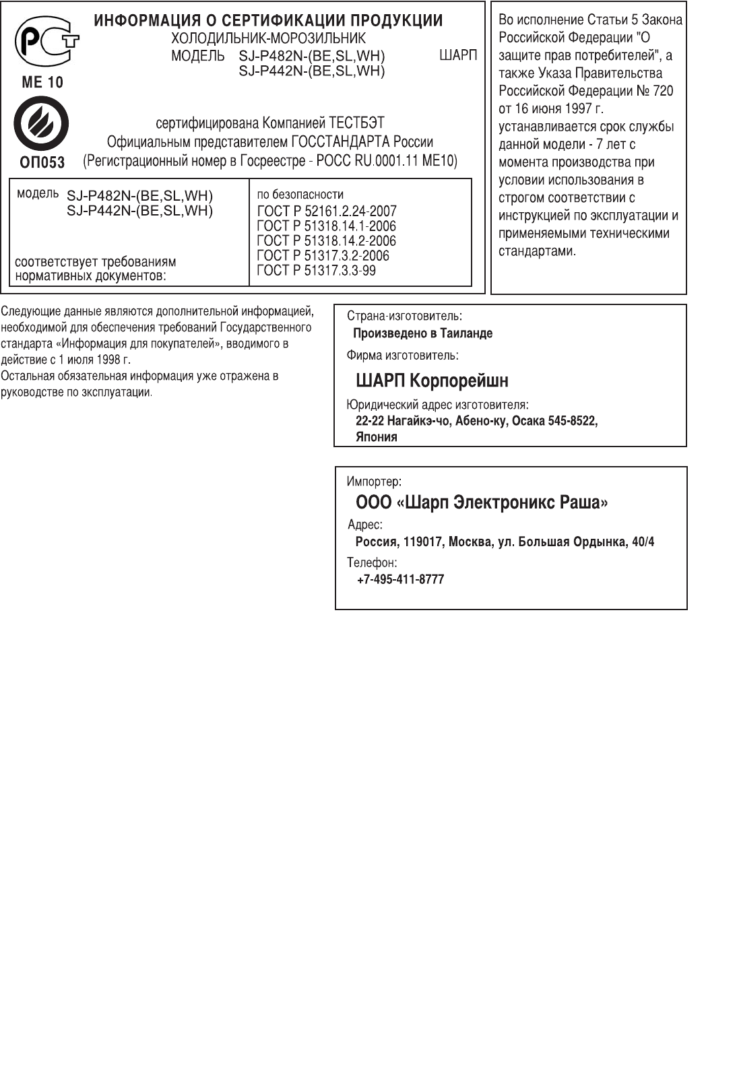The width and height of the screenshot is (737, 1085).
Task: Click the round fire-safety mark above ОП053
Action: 41,123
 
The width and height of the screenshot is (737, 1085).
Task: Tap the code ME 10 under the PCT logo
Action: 42,83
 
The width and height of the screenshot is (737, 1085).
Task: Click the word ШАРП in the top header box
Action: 457,56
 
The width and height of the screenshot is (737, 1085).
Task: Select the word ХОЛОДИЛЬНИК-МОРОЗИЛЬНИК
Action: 268,38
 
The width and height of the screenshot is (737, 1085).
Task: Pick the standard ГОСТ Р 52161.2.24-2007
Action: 327,211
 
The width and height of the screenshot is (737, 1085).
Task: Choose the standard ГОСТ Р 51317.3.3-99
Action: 317,271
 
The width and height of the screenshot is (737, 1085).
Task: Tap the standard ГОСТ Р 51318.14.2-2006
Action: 327,241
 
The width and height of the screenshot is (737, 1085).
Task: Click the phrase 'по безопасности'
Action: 300,195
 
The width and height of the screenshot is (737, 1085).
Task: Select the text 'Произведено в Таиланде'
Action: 423,333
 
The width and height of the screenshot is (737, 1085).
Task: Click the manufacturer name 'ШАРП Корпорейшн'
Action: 432,381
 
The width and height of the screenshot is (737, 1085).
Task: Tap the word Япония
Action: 377,437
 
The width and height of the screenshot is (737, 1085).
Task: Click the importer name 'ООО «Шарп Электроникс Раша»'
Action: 482,503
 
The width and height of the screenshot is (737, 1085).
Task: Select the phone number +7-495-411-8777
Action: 400,580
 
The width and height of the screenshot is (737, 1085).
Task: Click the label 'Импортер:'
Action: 374,482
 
